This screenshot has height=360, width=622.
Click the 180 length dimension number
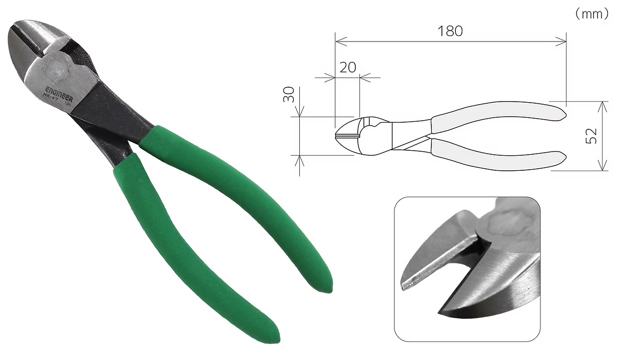(450, 31)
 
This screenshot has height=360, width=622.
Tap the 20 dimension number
(348, 67)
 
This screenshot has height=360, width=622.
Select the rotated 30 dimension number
(289, 95)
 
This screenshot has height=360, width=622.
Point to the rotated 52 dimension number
(591, 136)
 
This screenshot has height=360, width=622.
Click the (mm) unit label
(591, 14)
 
